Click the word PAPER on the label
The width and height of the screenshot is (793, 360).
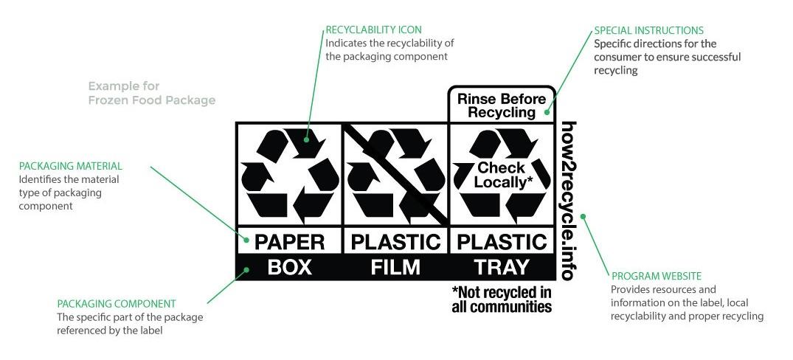(x=289, y=242)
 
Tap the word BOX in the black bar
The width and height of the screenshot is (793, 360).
(x=289, y=267)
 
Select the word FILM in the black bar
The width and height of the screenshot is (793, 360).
(x=395, y=267)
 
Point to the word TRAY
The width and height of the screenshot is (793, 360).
(x=501, y=267)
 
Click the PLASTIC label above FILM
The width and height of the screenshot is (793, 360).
(x=395, y=242)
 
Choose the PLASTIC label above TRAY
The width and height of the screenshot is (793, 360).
(x=501, y=242)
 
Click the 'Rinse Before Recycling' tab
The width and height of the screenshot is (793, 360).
(x=502, y=105)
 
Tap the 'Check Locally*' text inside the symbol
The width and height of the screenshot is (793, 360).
(x=501, y=175)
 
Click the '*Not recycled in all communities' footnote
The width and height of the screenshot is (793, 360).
(x=502, y=300)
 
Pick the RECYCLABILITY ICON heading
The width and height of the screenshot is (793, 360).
(x=373, y=30)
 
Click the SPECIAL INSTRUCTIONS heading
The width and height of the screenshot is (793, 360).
(x=649, y=30)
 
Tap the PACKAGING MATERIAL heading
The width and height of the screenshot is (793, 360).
(x=70, y=166)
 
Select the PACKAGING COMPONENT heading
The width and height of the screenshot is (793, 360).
(x=117, y=304)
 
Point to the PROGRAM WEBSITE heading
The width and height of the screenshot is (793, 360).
(x=657, y=276)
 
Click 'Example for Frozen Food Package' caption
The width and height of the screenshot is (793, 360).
(x=152, y=93)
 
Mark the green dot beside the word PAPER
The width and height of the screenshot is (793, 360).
(x=247, y=240)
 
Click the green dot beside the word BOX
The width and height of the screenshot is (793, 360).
(x=246, y=270)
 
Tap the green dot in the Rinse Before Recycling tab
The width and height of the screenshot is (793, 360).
(x=547, y=113)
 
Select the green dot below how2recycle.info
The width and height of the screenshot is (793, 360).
(x=583, y=216)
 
